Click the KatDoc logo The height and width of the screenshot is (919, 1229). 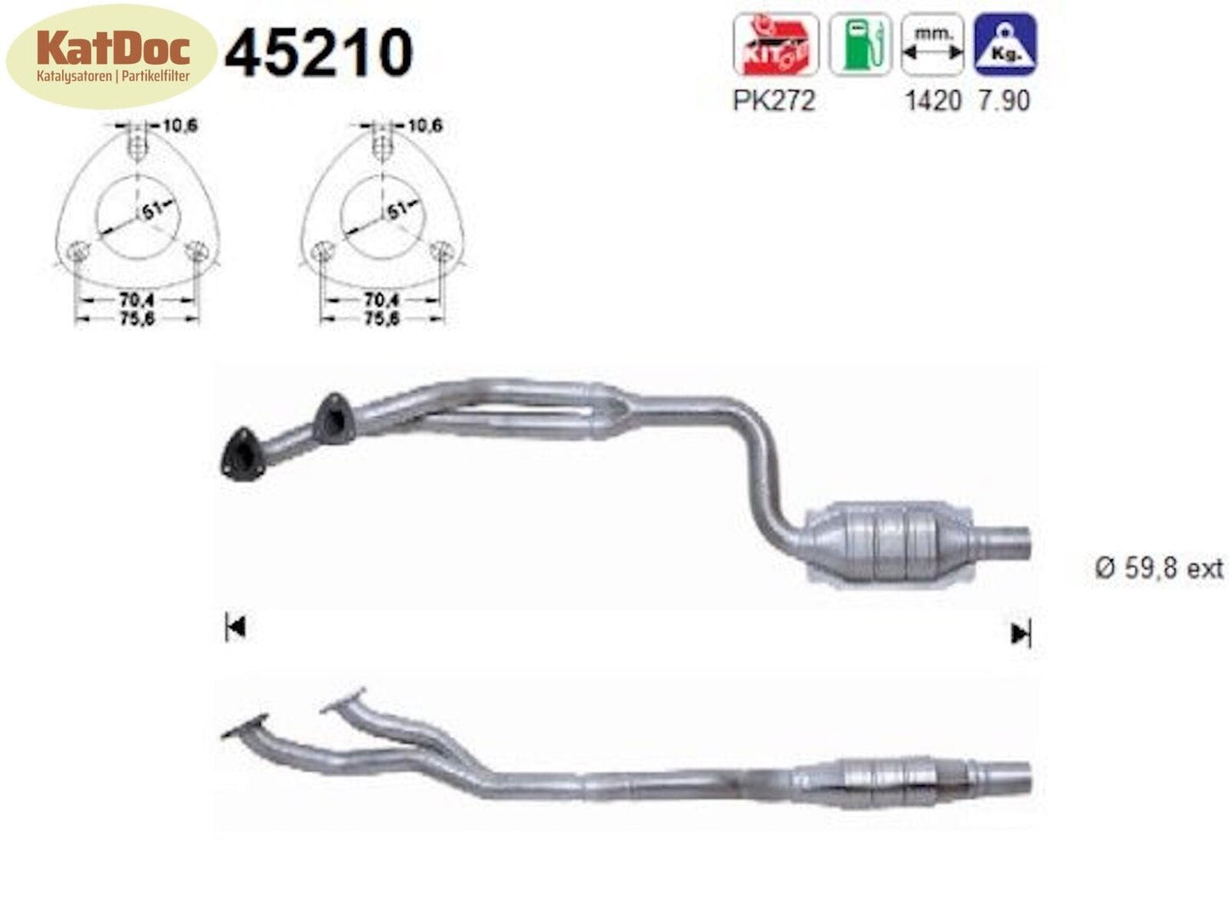tap(111, 56)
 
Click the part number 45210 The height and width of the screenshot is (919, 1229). tap(319, 53)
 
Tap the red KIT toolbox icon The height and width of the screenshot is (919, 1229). tap(775, 45)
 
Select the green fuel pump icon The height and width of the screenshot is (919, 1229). tap(860, 45)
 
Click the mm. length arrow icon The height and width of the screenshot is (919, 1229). tap(932, 45)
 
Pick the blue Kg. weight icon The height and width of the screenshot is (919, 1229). tap(1005, 45)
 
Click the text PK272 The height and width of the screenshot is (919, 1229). tap(773, 100)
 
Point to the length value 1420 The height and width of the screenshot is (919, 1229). tap(932, 100)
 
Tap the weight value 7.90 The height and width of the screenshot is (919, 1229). tap(1004, 100)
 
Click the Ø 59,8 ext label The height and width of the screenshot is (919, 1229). tap(1158, 568)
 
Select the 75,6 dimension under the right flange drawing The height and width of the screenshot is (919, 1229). tap(381, 319)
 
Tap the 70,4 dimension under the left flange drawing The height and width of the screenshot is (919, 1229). tap(137, 300)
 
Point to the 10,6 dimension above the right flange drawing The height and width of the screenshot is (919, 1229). tap(424, 126)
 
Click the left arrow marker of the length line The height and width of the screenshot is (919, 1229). tap(236, 628)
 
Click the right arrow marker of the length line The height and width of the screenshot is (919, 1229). tap(1020, 633)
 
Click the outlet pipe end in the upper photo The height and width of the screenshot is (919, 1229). tap(1012, 542)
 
